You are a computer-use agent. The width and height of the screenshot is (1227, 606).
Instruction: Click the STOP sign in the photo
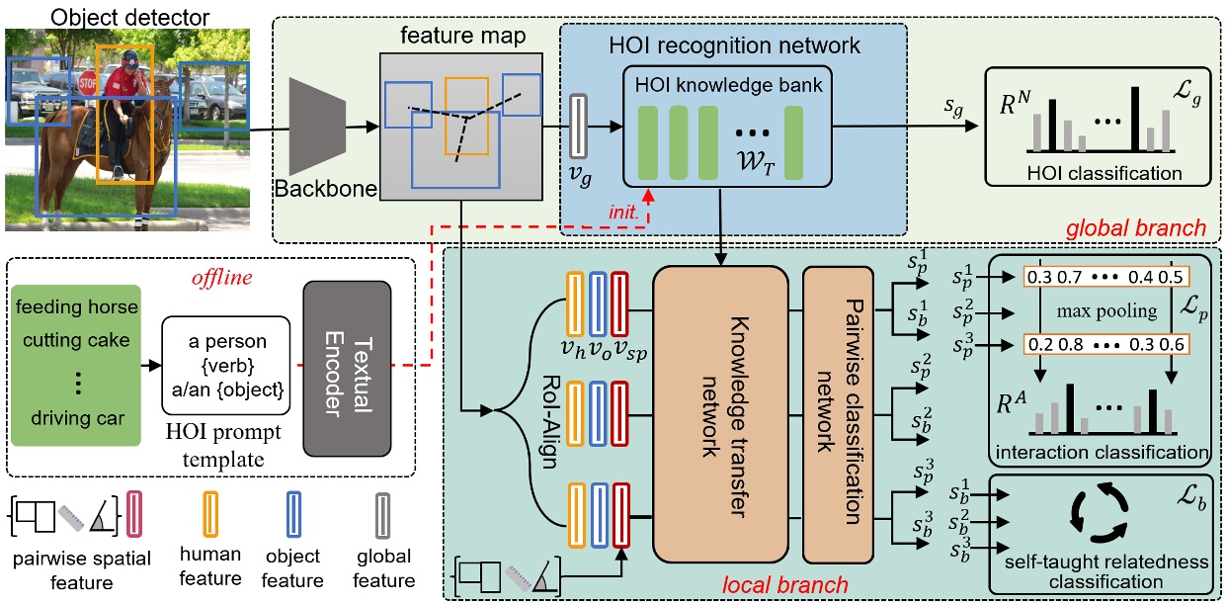pyautogui.click(x=88, y=82)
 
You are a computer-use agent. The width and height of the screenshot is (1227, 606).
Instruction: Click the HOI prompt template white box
pyautogui.click(x=226, y=366)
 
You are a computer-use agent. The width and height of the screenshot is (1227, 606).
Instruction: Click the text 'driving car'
pyautogui.click(x=78, y=418)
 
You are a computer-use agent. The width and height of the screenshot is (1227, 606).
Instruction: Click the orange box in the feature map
pyautogui.click(x=465, y=117)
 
